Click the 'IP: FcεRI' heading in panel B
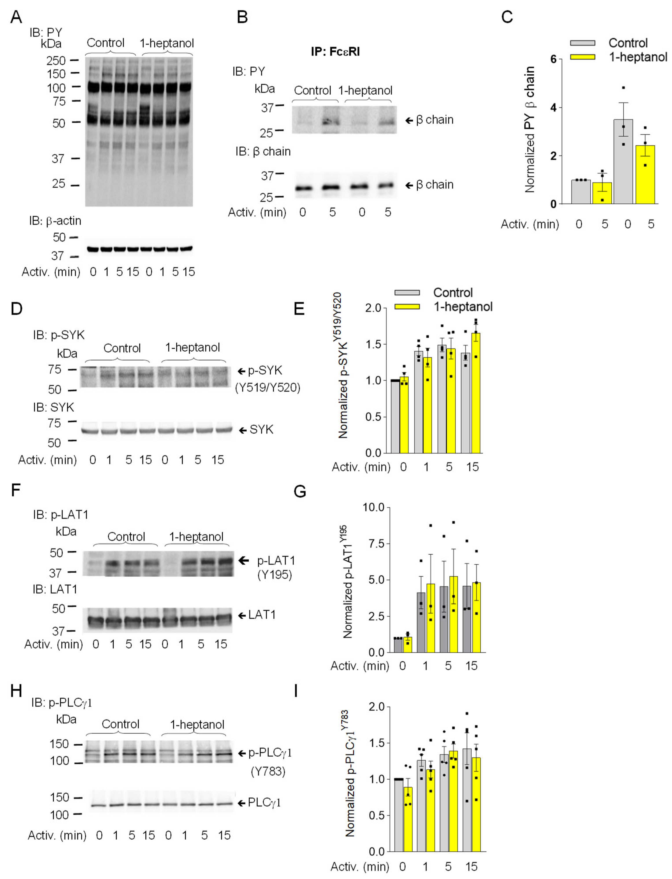coord(335,52)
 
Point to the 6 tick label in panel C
coord(553,59)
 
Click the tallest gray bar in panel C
coord(623,162)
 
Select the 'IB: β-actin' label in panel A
coord(55,221)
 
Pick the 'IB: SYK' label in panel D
coord(54,407)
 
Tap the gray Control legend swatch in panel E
coord(407,292)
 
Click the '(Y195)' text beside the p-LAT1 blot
coord(274,575)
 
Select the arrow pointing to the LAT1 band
coord(242,615)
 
